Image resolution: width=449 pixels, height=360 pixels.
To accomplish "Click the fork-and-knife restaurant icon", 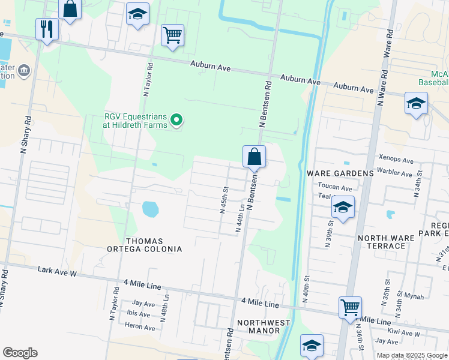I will pyautogui.click(x=47, y=29).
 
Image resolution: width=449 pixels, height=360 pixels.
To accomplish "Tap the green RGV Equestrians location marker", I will pyautogui.click(x=176, y=121).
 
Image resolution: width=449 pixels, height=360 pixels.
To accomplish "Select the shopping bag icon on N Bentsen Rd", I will pyautogui.click(x=254, y=157).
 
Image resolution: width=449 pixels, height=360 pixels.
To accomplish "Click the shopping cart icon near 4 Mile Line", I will pyautogui.click(x=350, y=307).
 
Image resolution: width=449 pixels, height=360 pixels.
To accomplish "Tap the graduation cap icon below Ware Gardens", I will pyautogui.click(x=342, y=208).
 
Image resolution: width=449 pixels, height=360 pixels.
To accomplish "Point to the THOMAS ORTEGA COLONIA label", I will pyautogui.click(x=144, y=244).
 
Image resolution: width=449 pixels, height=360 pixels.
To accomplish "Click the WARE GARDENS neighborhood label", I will pyautogui.click(x=340, y=173).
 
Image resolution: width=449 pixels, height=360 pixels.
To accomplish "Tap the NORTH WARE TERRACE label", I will pyautogui.click(x=386, y=242).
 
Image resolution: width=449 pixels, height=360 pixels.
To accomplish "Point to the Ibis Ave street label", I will pyautogui.click(x=139, y=313).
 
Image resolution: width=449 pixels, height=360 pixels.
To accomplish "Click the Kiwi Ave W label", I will pyautogui.click(x=403, y=332).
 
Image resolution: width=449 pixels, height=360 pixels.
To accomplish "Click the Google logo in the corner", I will pyautogui.click(x=20, y=353).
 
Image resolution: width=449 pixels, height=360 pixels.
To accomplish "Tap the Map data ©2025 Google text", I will pyautogui.click(x=412, y=355).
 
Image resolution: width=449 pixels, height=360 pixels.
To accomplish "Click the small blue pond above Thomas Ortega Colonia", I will pyautogui.click(x=151, y=209).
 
